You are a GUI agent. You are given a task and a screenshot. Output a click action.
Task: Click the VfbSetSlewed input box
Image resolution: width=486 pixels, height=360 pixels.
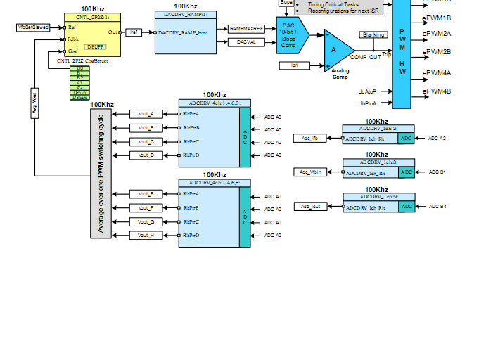click(33, 27)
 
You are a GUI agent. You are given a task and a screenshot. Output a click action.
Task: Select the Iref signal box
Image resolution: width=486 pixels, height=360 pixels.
click(134, 32)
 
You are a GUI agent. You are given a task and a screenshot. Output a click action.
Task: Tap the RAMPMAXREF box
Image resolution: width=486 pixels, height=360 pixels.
click(246, 28)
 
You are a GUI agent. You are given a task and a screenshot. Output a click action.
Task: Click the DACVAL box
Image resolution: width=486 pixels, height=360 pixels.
click(246, 42)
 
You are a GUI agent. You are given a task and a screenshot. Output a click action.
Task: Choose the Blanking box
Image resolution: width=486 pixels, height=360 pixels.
click(373, 34)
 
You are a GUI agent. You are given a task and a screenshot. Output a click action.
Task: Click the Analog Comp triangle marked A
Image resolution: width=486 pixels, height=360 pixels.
click(337, 49)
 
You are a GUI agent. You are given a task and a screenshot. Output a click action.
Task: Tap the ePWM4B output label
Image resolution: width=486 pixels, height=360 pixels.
click(437, 91)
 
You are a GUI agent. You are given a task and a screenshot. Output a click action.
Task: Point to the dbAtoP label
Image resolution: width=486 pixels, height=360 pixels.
click(367, 91)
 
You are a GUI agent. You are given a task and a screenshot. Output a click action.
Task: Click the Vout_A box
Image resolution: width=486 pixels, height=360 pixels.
click(146, 114)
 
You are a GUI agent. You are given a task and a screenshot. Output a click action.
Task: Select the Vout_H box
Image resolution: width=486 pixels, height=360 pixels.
click(146, 236)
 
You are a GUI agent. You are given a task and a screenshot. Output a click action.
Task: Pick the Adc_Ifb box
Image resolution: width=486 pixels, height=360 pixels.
click(309, 139)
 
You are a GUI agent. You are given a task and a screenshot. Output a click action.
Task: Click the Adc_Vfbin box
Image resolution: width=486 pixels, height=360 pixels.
click(310, 172)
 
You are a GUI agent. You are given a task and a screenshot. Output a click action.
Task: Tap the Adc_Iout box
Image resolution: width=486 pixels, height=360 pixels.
click(310, 207)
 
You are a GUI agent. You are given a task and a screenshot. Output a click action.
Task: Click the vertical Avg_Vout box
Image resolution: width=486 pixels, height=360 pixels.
click(35, 104)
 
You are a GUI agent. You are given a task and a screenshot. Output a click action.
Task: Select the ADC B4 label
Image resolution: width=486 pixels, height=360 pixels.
click(437, 207)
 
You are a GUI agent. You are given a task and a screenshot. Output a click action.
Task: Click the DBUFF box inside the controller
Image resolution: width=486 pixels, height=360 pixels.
click(94, 46)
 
